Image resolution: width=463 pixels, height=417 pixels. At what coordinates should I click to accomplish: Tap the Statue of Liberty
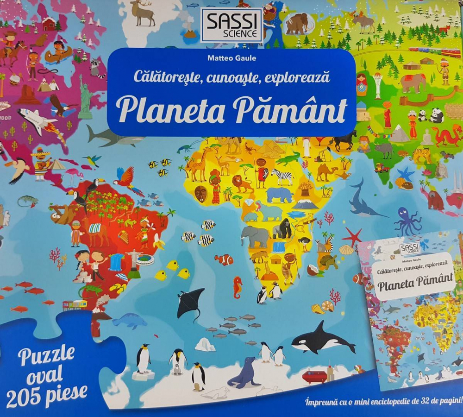click(x=85, y=97)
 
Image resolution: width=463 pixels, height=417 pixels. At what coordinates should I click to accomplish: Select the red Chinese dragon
click(x=446, y=135)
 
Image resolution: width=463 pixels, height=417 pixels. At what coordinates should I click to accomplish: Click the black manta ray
click(x=190, y=301)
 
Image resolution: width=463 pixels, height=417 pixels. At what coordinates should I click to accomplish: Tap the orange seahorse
click(x=238, y=286)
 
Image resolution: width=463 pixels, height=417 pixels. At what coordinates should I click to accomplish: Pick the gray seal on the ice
click(x=244, y=373)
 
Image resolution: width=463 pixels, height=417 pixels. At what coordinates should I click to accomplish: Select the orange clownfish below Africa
click(x=224, y=259)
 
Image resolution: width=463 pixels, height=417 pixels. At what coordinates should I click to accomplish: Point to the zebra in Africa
click(x=282, y=176)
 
